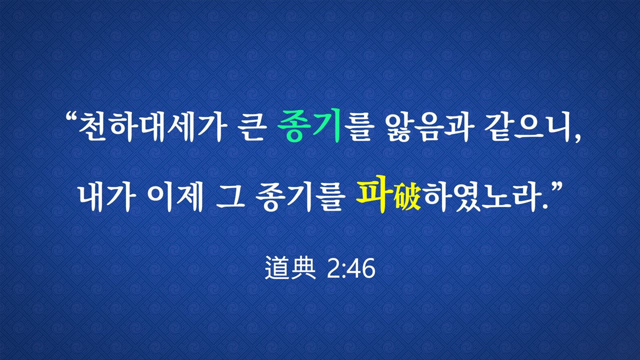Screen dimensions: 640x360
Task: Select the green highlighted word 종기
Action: click(x=309, y=126)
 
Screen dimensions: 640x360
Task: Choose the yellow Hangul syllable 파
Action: click(x=374, y=194)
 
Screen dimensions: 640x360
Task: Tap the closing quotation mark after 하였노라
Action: click(x=555, y=188)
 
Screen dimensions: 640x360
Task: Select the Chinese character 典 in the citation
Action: click(x=303, y=267)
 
